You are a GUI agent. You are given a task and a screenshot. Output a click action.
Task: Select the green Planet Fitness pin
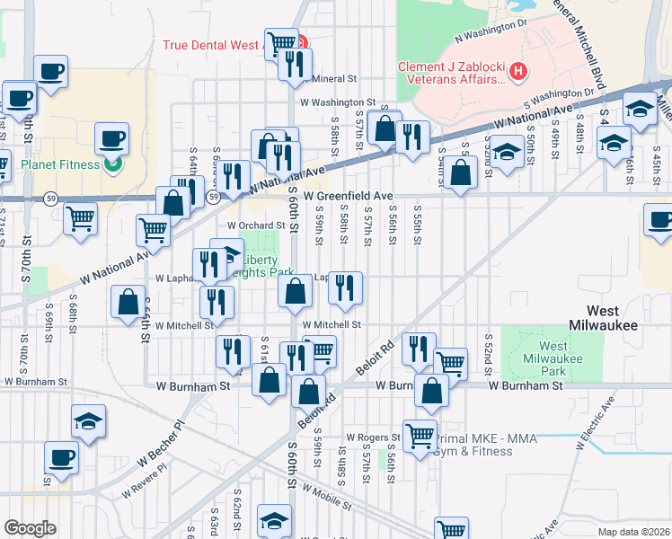click(112, 164)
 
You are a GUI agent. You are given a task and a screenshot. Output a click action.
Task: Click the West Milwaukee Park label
click(554, 358)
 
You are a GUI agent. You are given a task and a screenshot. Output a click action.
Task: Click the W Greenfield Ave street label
click(349, 195)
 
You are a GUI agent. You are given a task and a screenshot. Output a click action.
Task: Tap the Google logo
click(30, 528)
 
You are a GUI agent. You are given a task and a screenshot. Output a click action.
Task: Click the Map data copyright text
click(633, 532)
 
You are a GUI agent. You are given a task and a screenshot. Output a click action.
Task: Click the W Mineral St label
click(334, 78)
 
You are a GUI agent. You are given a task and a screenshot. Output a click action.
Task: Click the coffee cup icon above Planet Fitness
click(112, 137)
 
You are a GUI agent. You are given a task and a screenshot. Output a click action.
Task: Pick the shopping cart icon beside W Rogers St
click(420, 435)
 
